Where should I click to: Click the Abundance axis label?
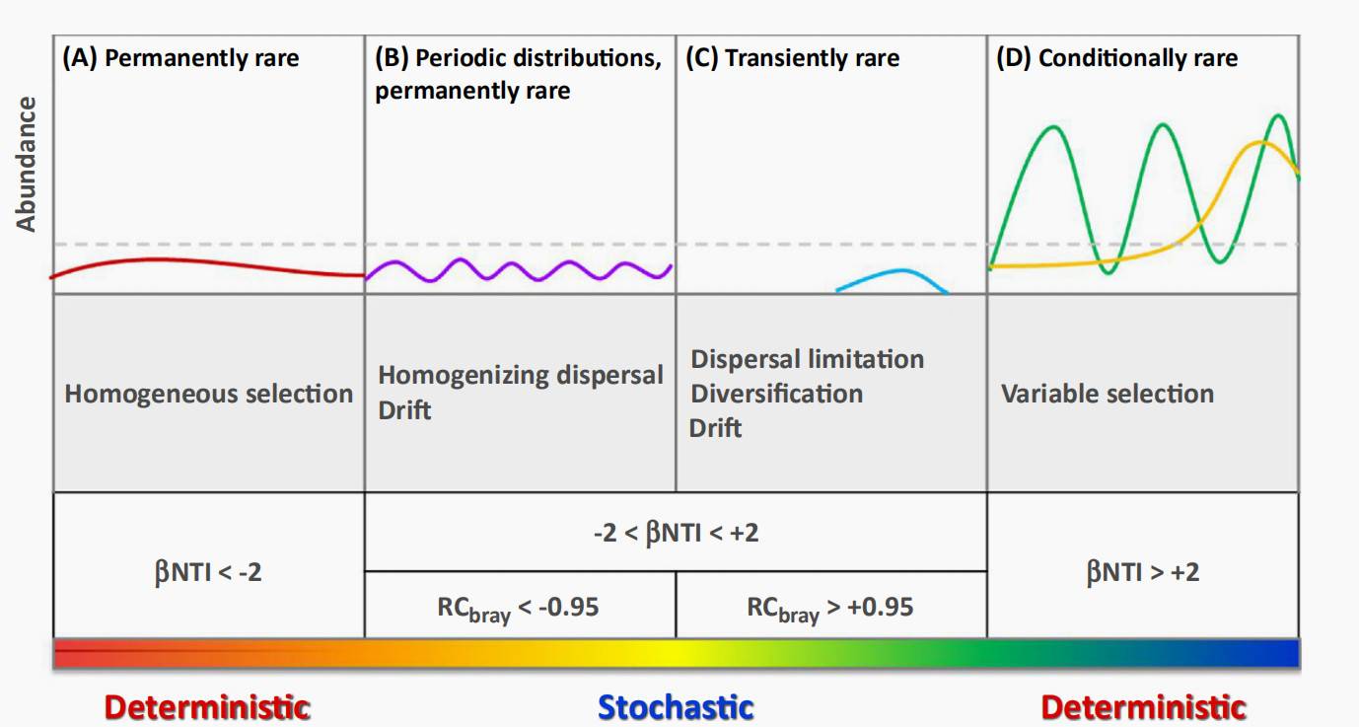26,164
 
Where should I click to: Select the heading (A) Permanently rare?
180,58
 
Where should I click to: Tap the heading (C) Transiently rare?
792,58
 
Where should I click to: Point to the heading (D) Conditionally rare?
1117,58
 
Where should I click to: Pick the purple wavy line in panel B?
519,270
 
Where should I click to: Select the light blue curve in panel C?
893,281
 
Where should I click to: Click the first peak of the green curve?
1054,127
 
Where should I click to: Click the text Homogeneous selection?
209,394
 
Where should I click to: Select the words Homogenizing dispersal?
521,376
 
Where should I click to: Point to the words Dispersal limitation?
808,359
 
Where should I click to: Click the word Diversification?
776,394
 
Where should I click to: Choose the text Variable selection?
1108,394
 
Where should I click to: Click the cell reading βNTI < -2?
209,565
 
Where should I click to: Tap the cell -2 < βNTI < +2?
676,533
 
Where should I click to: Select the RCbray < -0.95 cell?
520,605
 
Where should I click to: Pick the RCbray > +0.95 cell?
831,605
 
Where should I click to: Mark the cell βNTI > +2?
1143,565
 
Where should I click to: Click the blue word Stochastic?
676,707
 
